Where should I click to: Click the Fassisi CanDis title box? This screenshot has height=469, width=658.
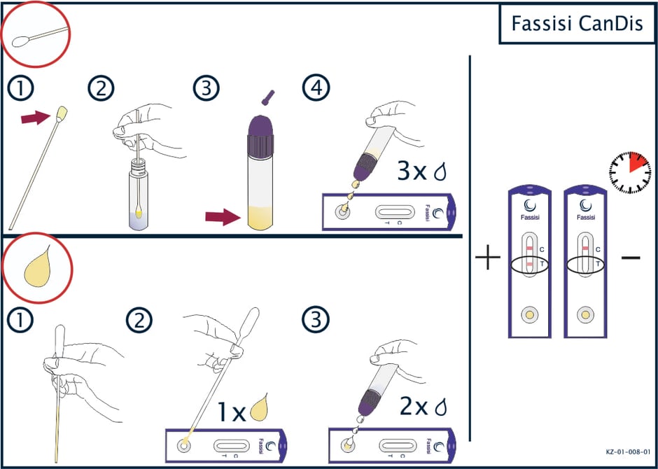coord(577,24)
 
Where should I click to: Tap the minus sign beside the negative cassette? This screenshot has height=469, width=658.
coord(631,257)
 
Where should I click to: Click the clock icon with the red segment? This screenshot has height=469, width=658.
coord(629,172)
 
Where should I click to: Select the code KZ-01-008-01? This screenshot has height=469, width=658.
coord(628,452)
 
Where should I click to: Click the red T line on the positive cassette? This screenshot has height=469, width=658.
coord(529,264)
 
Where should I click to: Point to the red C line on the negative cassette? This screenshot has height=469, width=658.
coord(585,248)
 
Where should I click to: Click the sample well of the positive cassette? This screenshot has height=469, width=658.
coord(530,314)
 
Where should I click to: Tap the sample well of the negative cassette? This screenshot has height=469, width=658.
coord(585,314)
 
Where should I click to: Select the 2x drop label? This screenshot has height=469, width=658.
coord(423,408)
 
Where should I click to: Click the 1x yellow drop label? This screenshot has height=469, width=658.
coord(243,408)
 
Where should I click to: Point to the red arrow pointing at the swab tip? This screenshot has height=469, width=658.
coord(36,118)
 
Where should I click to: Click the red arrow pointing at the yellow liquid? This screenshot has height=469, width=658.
coord(223,217)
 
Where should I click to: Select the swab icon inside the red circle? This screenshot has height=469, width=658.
coord(40,35)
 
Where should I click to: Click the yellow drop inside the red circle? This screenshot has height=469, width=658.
coord(38,267)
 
